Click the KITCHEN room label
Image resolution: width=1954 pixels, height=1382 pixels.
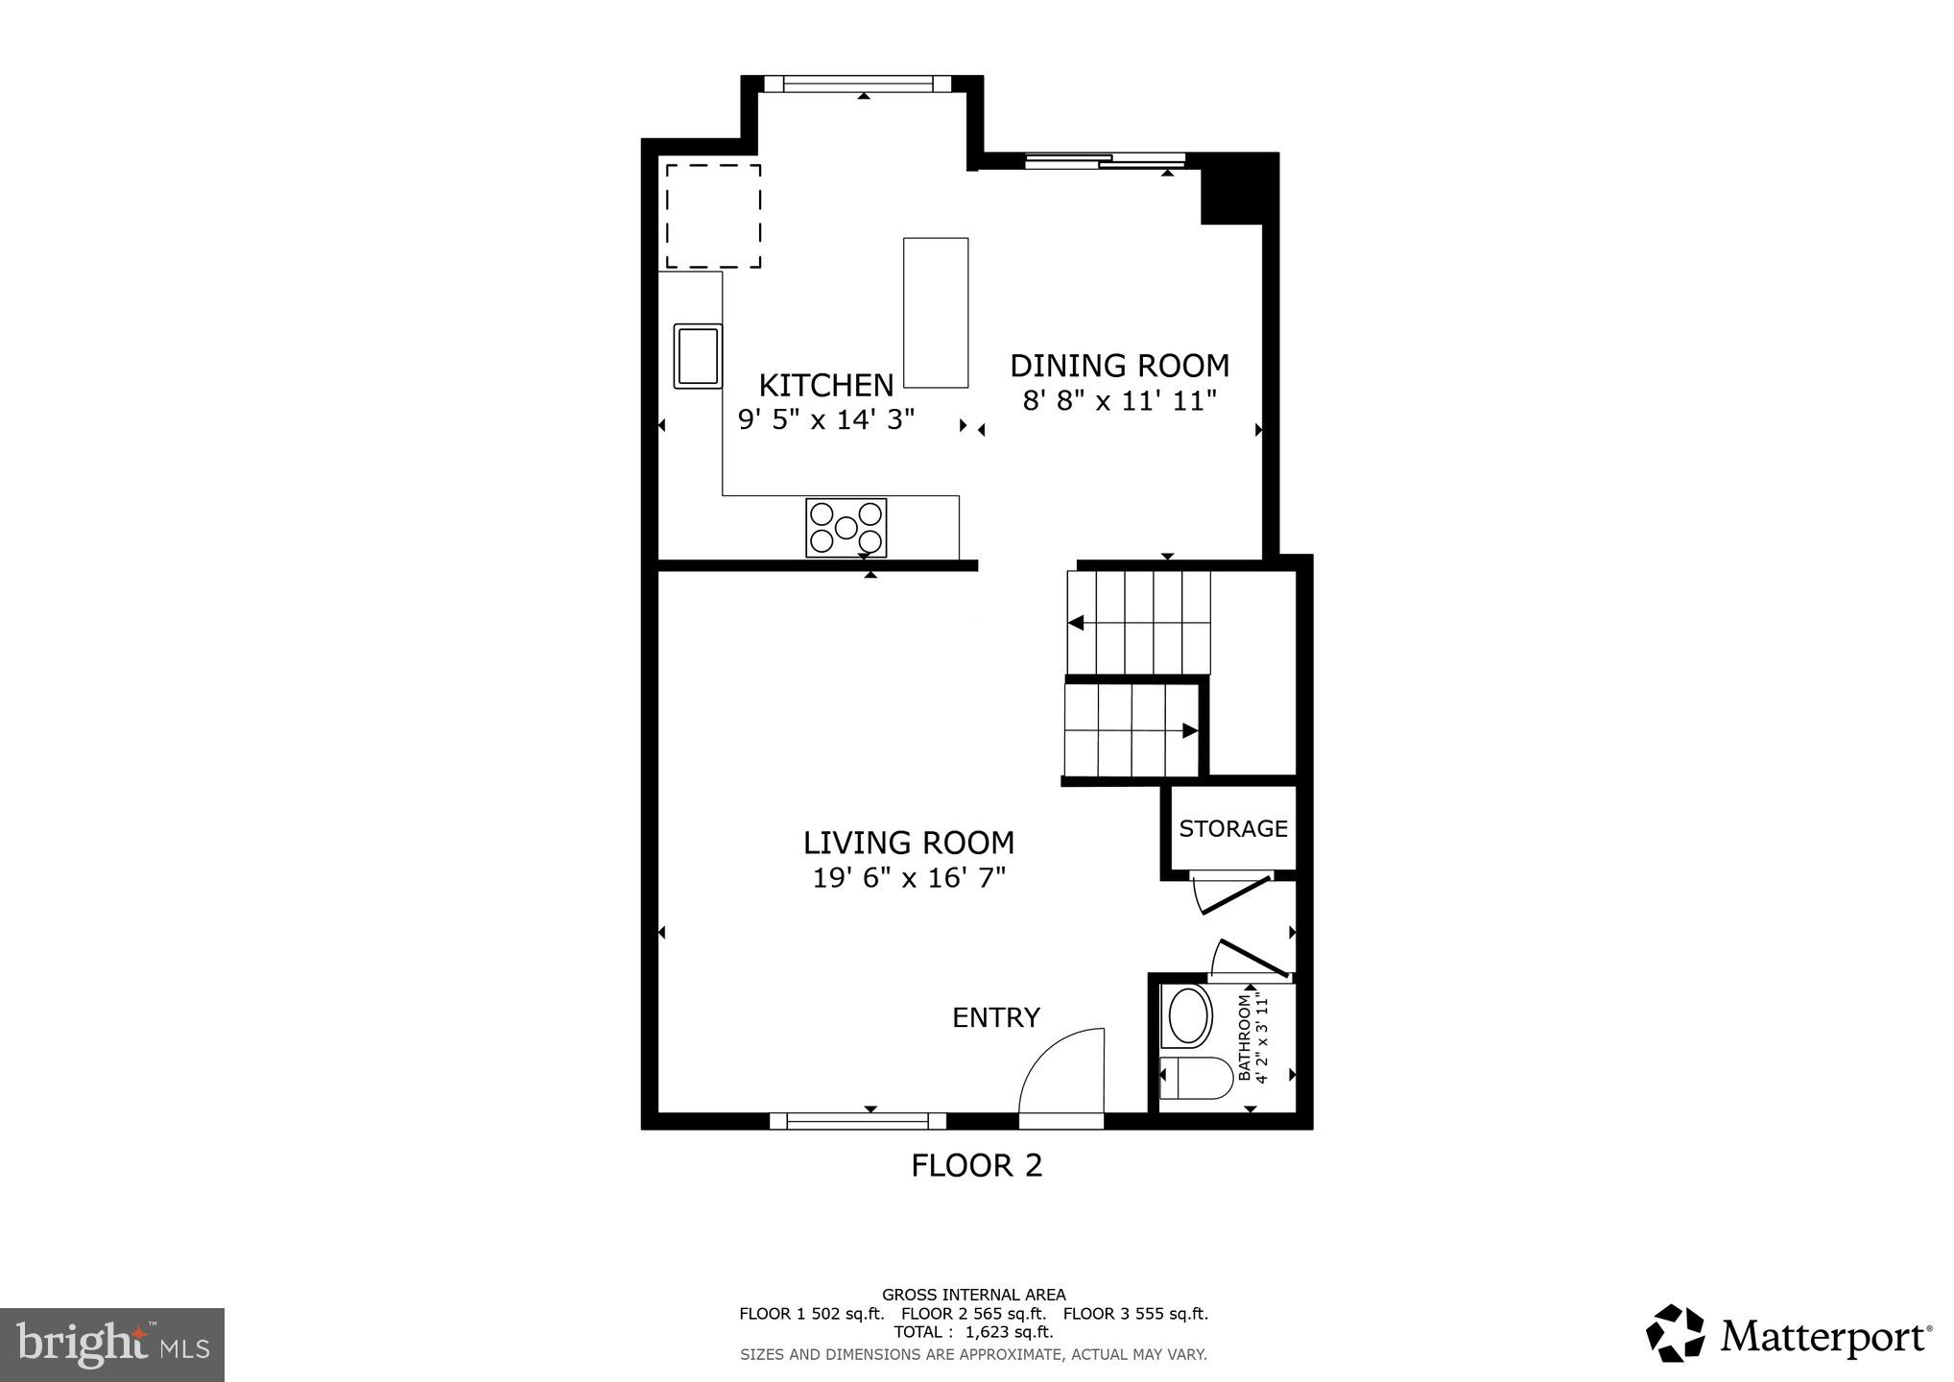coord(825,386)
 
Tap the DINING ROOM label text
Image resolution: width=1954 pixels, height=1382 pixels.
coord(1119,366)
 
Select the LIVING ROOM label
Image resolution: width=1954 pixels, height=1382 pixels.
coord(908,843)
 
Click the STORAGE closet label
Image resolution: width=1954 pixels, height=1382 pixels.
coord(1232,828)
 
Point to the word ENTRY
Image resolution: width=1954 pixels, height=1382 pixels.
coord(995,1017)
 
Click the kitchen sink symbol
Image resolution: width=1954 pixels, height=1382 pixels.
coord(698,356)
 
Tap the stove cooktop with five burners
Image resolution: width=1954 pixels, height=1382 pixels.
coord(846,527)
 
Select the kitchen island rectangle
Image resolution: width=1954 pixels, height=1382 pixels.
coord(935,313)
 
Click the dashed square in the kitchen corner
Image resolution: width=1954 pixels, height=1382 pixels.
coord(713,216)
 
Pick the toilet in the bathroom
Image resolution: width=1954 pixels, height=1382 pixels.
coord(1196,1078)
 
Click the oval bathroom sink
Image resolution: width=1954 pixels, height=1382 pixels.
coord(1188,1015)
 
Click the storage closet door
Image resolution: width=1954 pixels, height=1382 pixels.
coord(1234,894)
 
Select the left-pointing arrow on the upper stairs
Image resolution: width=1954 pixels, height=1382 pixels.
coord(1076,623)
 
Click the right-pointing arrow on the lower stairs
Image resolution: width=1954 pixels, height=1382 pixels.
coord(1189,730)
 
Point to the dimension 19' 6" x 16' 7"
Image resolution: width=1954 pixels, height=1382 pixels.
coord(908,878)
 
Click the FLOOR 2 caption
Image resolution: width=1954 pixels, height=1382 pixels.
coord(976,1165)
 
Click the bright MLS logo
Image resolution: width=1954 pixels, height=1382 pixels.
coord(112,1345)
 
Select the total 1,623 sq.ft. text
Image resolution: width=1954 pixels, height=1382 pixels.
coord(973,1332)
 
